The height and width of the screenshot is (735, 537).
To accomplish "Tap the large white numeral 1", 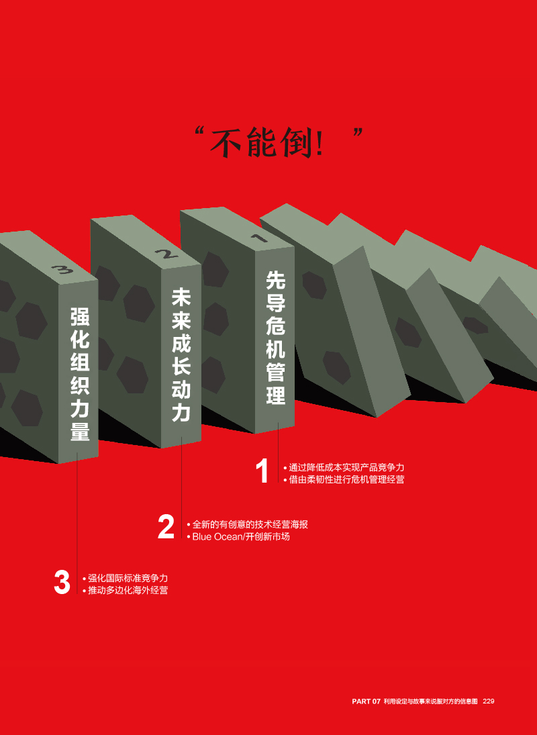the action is pos(263,471).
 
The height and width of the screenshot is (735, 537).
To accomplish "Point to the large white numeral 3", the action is pos(62,582).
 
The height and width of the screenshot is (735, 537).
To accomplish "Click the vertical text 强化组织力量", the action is pos(80,373).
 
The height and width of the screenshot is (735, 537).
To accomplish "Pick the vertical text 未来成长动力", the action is pos(181,354).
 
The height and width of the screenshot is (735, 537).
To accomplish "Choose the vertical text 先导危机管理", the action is pos(275,337).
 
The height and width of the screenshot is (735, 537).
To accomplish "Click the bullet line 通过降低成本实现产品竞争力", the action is pos(344,467).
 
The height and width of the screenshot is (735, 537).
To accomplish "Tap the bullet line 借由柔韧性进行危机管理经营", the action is pos(344,479).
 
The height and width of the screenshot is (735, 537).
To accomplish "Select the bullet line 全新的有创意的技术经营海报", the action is pos(248,524).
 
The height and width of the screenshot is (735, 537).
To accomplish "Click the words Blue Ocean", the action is pos(216,537).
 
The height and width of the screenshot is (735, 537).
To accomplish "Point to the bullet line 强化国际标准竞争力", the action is pos(125,578).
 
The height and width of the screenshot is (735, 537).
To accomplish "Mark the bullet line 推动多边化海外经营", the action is pos(125,590).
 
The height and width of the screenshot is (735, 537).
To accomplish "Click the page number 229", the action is pos(489,701).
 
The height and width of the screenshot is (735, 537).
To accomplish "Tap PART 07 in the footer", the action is pos(366,701).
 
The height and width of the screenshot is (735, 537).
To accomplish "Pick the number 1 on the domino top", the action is pos(259,238).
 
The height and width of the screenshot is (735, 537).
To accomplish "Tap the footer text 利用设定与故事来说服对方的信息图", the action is pos(430,701).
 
